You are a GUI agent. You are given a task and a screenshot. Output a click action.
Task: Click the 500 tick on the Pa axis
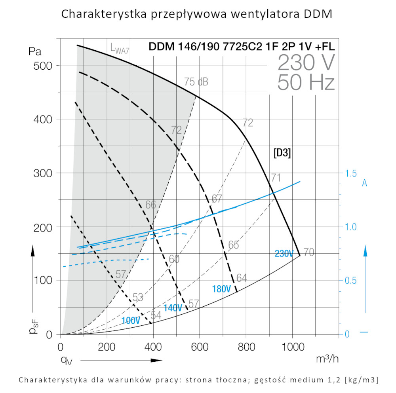44,65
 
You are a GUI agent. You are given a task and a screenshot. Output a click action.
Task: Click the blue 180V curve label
221,289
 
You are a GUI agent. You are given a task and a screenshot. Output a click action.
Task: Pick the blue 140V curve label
173,308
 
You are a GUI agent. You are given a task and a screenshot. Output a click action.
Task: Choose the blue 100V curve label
131,321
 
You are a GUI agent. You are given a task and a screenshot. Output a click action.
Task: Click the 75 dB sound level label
196,82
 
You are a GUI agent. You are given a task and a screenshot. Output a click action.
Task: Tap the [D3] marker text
282,154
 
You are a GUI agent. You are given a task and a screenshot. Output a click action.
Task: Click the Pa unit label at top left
35,51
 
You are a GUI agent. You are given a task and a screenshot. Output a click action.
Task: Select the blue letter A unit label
365,183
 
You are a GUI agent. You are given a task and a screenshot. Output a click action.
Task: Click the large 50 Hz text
306,82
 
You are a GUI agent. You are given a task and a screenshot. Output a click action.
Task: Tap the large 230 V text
306,62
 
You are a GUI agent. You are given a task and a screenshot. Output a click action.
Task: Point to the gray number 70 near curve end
309,252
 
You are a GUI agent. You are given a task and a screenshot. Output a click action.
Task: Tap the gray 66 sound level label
151,205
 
